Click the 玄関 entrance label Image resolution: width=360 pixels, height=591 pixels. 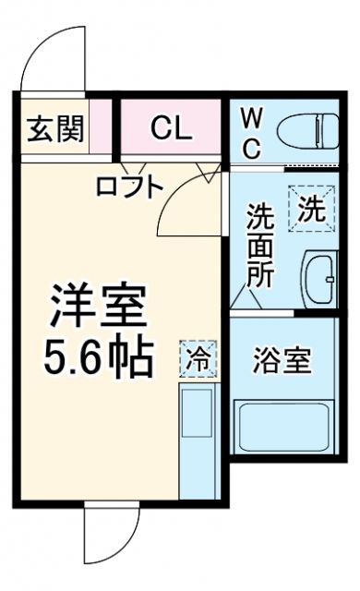(x=54, y=128)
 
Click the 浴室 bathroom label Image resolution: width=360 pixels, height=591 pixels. (x=282, y=360)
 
